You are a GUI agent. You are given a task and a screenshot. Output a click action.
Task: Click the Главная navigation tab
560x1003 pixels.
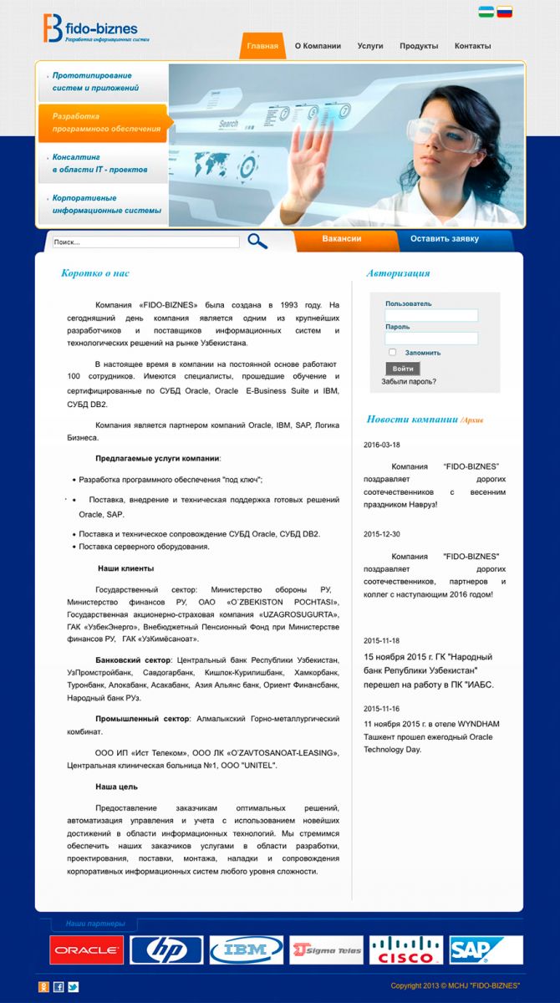click(x=262, y=46)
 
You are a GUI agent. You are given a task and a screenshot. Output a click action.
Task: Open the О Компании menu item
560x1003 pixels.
click(x=318, y=46)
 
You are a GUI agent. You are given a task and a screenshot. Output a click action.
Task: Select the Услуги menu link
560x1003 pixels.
click(x=370, y=46)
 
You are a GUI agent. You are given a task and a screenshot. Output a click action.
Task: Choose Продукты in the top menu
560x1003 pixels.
click(x=419, y=46)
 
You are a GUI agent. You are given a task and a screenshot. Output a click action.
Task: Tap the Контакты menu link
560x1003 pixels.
click(x=473, y=46)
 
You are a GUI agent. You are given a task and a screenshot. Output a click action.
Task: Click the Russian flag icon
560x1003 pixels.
click(x=505, y=13)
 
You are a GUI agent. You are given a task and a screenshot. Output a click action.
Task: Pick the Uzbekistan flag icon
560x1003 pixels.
click(x=486, y=13)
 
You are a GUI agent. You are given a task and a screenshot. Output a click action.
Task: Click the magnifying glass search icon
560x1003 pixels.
click(x=257, y=242)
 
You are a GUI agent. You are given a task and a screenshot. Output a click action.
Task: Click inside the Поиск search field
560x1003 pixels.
click(x=145, y=242)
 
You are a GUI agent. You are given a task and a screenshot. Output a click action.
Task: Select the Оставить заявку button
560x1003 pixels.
click(x=445, y=239)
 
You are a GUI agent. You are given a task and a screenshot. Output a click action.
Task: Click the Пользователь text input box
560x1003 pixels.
click(x=431, y=315)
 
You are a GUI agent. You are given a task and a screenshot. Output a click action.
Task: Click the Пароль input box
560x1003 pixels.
click(x=431, y=339)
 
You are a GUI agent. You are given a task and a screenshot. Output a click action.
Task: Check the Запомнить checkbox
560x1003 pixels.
click(x=393, y=353)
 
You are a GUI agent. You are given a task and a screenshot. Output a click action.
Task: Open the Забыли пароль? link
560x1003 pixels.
click(x=409, y=382)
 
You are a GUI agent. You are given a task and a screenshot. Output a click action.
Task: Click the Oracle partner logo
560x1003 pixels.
click(x=86, y=950)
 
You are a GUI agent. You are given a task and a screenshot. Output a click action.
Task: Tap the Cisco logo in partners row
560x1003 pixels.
click(x=406, y=950)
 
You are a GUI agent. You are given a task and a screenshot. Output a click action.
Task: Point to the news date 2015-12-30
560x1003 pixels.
click(x=382, y=534)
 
